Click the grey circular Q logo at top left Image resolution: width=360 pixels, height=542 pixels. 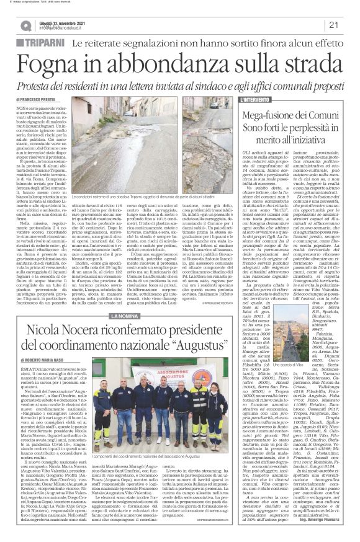pos(26,25)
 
